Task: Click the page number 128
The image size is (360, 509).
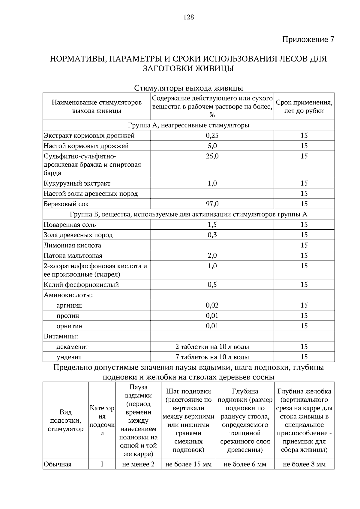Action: pos(188,17)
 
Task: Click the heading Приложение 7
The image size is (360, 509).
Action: pos(308,40)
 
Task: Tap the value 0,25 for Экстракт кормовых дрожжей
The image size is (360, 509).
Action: pos(212,135)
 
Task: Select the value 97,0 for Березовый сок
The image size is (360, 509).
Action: pos(212,204)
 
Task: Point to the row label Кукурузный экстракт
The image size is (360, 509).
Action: pos(77,183)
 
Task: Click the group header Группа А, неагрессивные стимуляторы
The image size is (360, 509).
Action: pos(188,125)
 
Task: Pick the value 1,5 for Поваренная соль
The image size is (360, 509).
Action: pos(212,225)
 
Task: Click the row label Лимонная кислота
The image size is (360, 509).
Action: pos(72,246)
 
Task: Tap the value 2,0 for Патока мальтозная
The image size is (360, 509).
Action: pos(212,256)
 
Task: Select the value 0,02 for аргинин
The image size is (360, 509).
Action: pos(212,305)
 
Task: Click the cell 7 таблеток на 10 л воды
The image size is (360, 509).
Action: pos(212,357)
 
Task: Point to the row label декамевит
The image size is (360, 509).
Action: pos(72,347)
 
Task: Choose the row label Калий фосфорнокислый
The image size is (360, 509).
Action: pos(81,285)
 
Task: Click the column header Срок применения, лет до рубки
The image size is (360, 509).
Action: pos(304,107)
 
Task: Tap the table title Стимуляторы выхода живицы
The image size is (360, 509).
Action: pos(188,88)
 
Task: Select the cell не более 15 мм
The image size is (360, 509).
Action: pos(188,465)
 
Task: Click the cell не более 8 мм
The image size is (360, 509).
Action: pos(304,465)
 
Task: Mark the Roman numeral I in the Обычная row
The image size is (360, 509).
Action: pos(102,465)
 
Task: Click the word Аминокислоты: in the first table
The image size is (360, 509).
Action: pos(68,295)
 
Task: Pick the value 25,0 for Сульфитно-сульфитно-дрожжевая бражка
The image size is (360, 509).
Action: pos(212,156)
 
